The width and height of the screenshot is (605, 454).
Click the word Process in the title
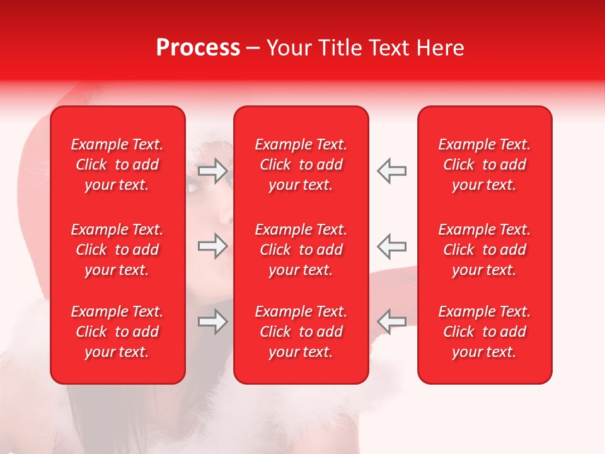(x=198, y=48)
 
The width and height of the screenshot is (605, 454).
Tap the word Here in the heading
(x=440, y=48)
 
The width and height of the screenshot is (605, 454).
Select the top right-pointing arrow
(x=213, y=171)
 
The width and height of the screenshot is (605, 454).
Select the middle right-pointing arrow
(x=213, y=246)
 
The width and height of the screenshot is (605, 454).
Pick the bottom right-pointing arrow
(x=213, y=322)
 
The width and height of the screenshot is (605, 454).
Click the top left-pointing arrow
(x=392, y=171)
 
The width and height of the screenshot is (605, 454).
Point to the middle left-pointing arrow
(x=392, y=246)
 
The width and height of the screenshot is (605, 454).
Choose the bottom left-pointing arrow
(x=392, y=322)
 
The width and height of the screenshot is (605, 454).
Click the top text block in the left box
(x=117, y=165)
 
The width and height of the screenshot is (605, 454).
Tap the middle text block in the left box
(x=117, y=250)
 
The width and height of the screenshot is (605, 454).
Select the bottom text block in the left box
(x=117, y=332)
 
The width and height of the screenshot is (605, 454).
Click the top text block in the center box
(x=301, y=165)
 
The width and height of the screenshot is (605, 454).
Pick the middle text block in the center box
(x=301, y=250)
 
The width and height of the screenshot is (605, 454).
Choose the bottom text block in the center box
(x=301, y=332)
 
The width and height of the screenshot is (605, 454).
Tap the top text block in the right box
(x=484, y=165)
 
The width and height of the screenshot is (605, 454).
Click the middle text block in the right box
(x=484, y=250)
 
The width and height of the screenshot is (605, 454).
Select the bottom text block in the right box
(x=484, y=332)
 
